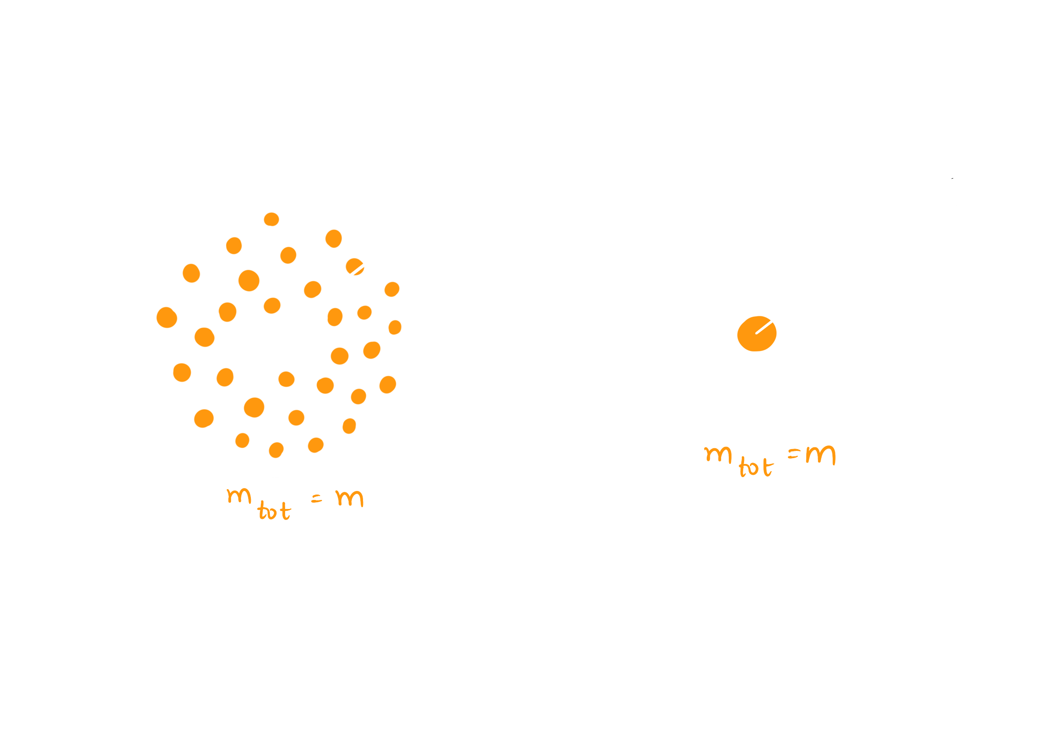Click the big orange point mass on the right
click(x=756, y=334)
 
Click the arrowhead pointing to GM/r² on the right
click(x=954, y=179)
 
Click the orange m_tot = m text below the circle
click(x=295, y=503)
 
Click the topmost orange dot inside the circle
click(x=271, y=219)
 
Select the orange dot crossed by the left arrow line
click(x=354, y=266)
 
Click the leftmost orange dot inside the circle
click(x=167, y=317)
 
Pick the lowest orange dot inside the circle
click(x=276, y=450)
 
